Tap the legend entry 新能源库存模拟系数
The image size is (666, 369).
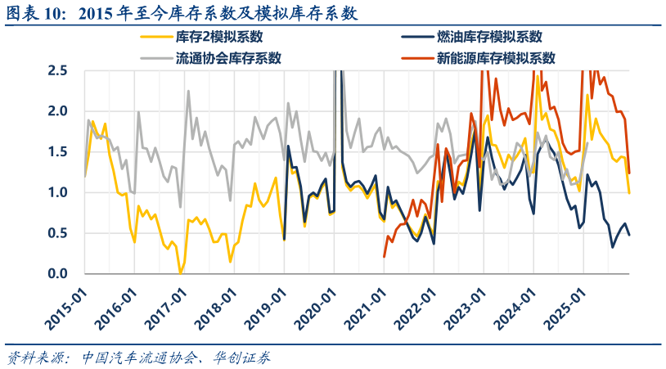[496, 58]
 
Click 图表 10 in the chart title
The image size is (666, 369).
[38, 13]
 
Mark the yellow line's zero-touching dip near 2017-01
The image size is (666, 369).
[180, 272]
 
